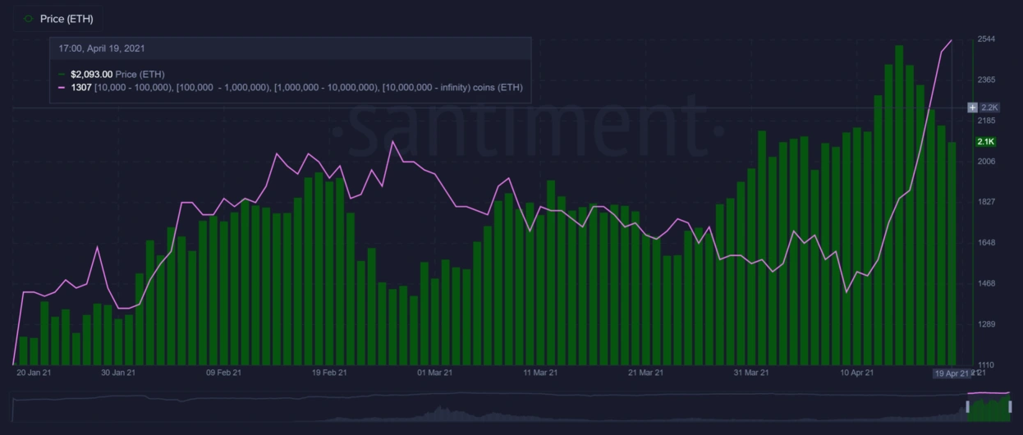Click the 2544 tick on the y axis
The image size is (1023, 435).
click(x=986, y=39)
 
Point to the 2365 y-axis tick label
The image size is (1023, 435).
click(x=986, y=80)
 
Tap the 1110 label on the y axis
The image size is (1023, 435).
click(x=986, y=365)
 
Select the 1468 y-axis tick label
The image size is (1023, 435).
click(x=986, y=283)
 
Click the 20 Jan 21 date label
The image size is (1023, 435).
click(x=34, y=373)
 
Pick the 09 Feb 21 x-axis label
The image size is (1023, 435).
click(x=223, y=373)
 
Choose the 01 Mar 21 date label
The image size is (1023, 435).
click(x=435, y=373)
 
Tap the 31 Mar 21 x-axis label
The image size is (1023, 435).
click(x=750, y=373)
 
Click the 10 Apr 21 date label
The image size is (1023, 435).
click(x=856, y=373)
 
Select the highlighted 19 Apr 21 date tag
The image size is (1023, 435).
click(x=951, y=373)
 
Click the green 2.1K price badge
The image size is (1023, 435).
click(x=985, y=142)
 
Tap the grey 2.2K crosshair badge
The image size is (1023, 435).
click(x=989, y=108)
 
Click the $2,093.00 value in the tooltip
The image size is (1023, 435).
click(x=91, y=74)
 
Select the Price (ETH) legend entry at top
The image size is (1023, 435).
click(x=66, y=19)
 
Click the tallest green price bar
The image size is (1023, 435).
click(x=899, y=205)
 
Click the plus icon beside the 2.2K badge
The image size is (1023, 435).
click(x=972, y=108)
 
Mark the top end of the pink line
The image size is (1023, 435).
click(x=951, y=39)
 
